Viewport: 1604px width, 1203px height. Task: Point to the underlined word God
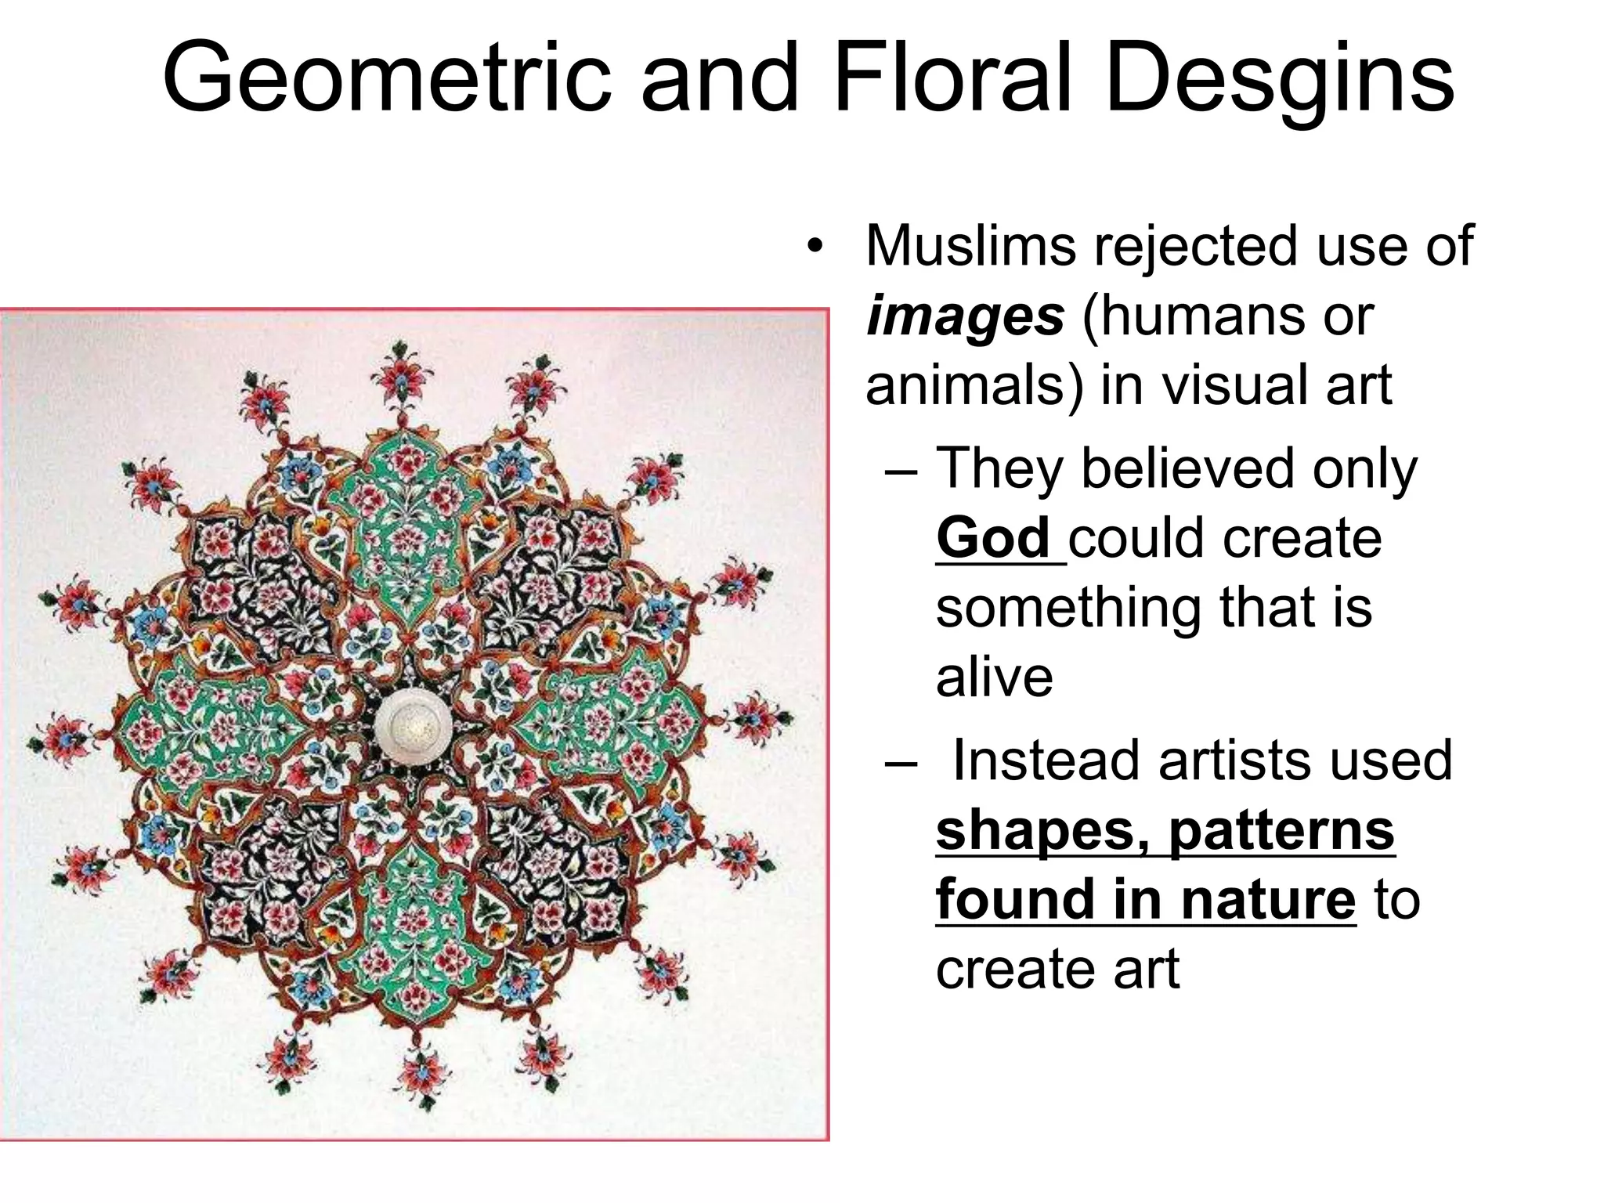[993, 539]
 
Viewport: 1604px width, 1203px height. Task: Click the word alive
[994, 677]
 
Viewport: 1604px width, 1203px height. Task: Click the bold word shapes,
[1048, 832]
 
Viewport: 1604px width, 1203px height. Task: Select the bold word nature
[1268, 900]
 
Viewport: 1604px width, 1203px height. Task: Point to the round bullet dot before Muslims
[815, 247]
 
